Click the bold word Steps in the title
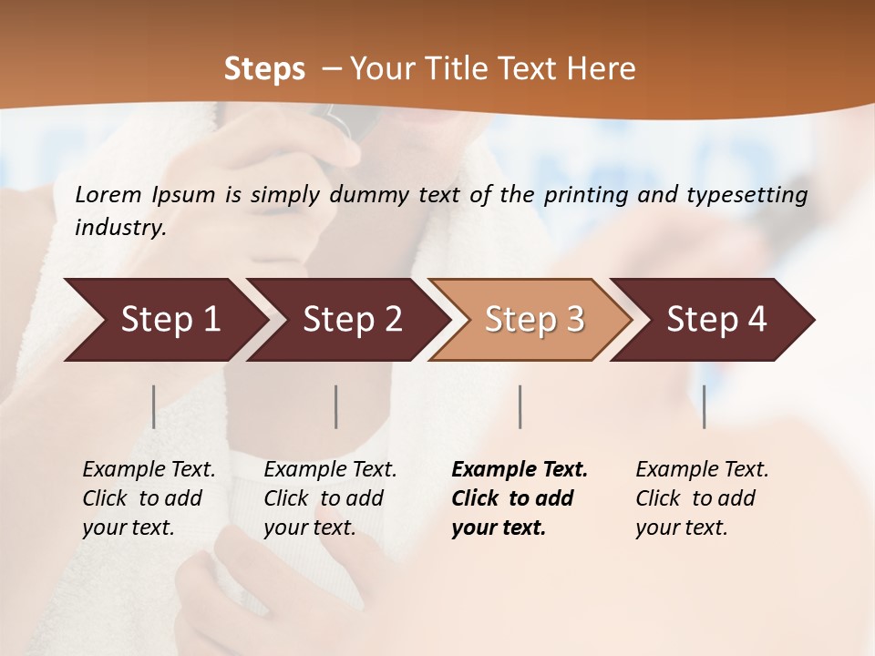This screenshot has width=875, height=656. click(264, 69)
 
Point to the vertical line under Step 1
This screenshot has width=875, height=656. click(154, 406)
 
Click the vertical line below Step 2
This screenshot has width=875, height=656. click(336, 406)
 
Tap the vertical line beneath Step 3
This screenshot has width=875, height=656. click(520, 406)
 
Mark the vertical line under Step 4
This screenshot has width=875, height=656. click(705, 406)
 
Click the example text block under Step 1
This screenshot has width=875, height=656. click(149, 498)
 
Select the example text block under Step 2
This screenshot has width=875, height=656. click(330, 498)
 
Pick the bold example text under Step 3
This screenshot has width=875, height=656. click(520, 498)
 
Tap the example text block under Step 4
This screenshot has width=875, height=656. click(702, 498)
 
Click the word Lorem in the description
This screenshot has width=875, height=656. click(108, 194)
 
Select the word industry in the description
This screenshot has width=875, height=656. click(120, 227)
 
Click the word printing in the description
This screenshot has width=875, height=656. click(585, 194)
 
